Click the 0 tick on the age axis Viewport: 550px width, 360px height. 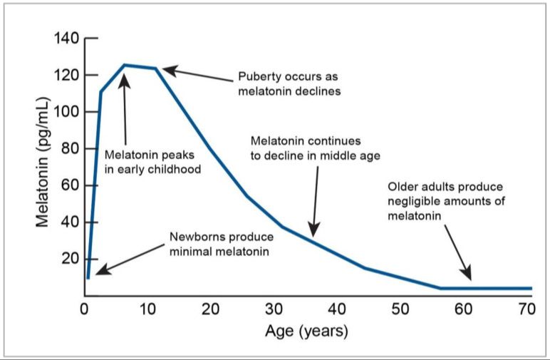[x=84, y=309]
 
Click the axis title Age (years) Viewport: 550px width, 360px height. [x=306, y=332]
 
